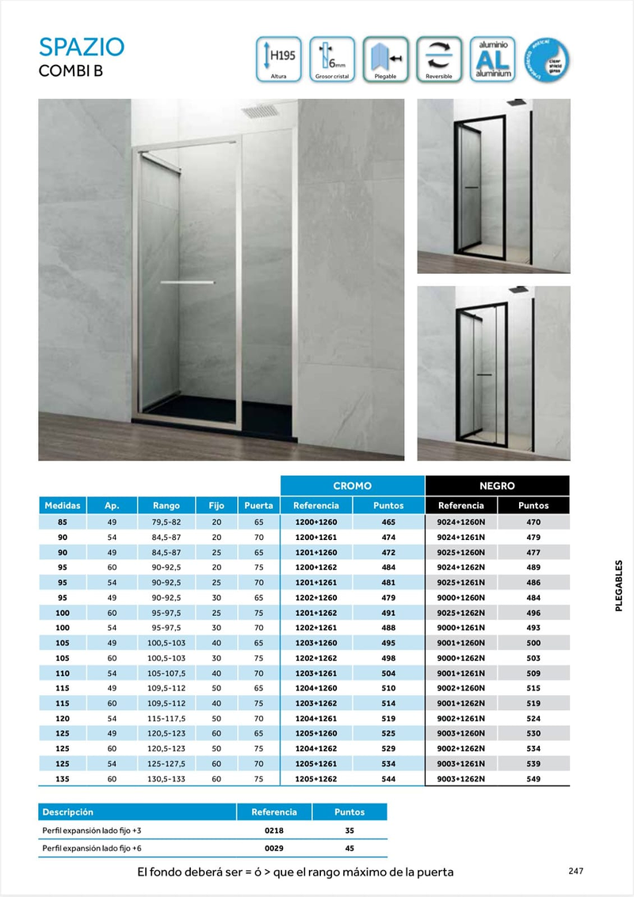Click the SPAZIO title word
point(82,47)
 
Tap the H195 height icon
point(278,59)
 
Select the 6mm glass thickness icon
point(332,59)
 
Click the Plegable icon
point(385,59)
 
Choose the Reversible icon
point(439,59)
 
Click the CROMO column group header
point(352,485)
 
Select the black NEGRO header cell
point(497,485)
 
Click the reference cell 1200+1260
point(315,523)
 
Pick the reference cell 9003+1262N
point(460,778)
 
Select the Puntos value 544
point(388,778)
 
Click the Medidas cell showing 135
point(62,778)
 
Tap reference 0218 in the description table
point(273,830)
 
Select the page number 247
point(576,871)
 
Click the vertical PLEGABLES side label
point(619,586)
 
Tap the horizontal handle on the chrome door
point(189,282)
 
